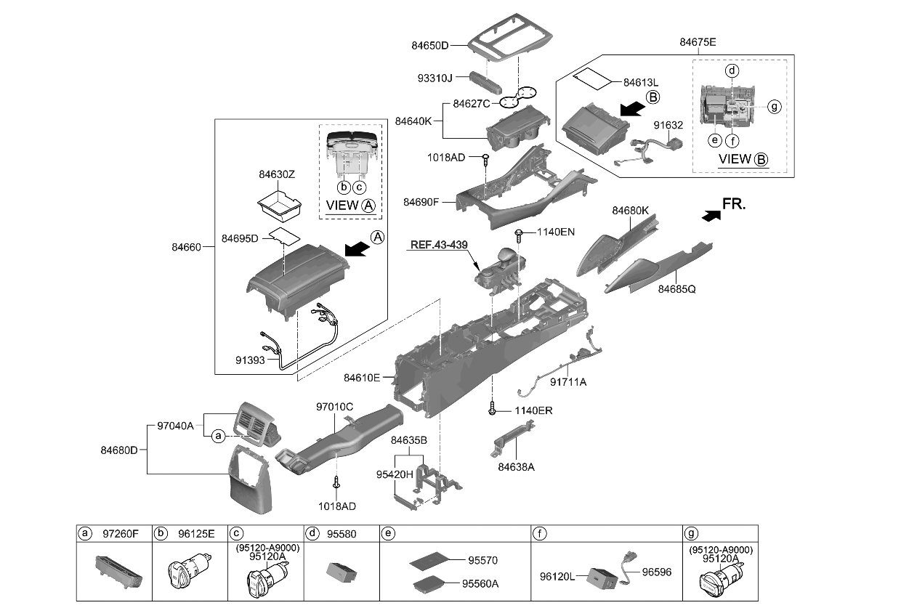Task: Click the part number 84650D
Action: [427, 46]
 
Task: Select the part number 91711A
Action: [567, 381]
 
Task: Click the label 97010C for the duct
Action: [334, 406]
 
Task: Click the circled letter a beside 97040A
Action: [217, 436]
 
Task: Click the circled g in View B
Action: [775, 107]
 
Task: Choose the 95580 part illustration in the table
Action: [342, 572]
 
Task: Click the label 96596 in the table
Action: [657, 572]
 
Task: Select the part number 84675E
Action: [698, 42]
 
